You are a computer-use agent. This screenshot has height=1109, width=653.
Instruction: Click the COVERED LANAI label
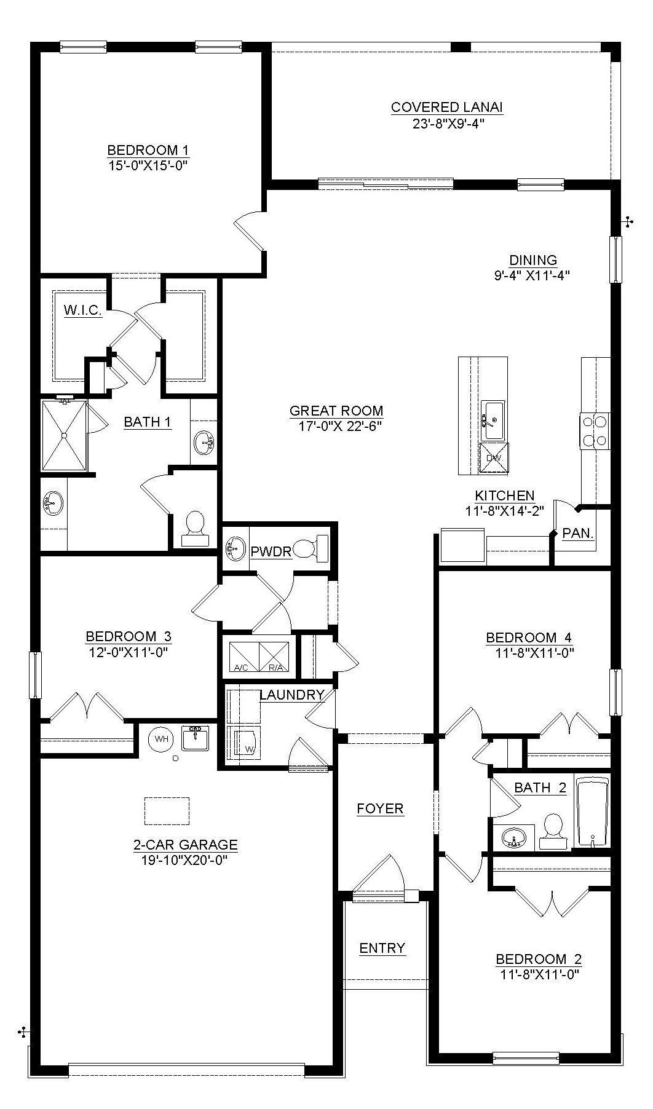(446, 108)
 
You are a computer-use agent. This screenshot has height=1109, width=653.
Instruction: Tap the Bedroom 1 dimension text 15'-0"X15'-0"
(147, 165)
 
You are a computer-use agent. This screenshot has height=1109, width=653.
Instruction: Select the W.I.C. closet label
(82, 310)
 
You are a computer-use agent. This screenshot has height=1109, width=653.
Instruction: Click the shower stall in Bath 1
(63, 435)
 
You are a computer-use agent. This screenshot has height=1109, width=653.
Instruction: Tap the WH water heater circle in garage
(161, 738)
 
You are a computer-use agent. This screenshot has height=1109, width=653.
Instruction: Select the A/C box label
(242, 667)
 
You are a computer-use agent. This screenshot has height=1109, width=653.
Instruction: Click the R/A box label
(275, 667)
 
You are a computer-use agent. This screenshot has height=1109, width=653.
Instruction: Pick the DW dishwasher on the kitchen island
(494, 459)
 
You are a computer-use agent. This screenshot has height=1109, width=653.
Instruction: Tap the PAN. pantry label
(578, 533)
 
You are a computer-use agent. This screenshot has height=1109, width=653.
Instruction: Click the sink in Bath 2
(513, 837)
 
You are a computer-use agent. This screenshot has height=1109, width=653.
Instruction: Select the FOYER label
(380, 808)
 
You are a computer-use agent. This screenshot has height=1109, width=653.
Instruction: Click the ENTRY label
(382, 948)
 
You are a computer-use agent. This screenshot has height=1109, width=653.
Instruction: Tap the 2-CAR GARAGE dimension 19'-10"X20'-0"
(184, 860)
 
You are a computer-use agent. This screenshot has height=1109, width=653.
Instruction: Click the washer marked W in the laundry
(244, 743)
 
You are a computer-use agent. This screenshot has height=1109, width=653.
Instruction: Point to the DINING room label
(532, 260)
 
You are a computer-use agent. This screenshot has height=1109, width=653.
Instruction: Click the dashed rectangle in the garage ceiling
(167, 811)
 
